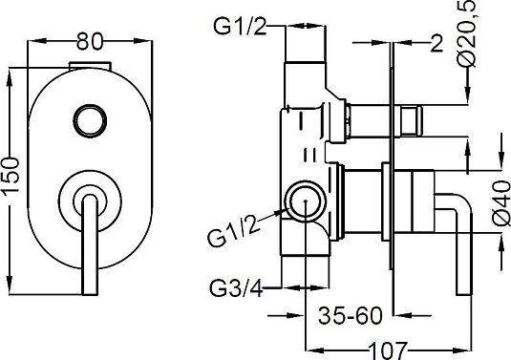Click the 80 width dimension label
click(x=89, y=42)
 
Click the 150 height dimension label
click(x=11, y=179)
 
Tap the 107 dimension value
click(x=388, y=350)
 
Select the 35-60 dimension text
click(x=350, y=315)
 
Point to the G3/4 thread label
click(x=236, y=288)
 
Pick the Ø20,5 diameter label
click(x=468, y=34)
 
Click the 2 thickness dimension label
click(x=436, y=43)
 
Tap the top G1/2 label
click(x=240, y=26)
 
